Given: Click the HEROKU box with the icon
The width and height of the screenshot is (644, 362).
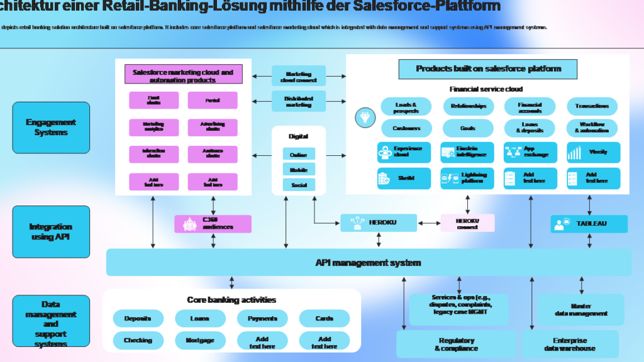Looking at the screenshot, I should tap(379, 223).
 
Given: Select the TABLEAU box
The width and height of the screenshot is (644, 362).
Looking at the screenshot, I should tap(589, 224).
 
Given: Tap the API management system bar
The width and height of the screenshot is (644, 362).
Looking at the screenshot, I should tap(369, 262).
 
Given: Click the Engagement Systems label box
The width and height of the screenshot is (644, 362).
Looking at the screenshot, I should tap(51, 128).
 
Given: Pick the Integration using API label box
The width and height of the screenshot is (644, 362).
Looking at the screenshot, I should tap(51, 232).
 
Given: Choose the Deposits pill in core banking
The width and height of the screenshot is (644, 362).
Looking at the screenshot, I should tap(138, 319).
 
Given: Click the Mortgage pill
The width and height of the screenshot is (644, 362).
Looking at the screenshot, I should tap(200, 341).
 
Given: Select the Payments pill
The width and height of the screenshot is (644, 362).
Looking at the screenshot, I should tap(262, 319).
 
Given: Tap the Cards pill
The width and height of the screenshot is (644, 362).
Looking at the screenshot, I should tap(325, 319).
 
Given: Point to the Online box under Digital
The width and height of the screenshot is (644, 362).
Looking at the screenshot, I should tap(299, 155).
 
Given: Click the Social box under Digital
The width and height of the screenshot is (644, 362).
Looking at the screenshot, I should tap(299, 185).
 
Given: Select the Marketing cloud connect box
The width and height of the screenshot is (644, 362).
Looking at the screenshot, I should tap(299, 77).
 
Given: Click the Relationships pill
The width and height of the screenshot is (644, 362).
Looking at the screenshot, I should tap(468, 106).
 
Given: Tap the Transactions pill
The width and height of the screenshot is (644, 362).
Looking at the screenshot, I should tap(592, 106).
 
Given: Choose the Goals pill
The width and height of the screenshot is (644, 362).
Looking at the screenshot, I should tap(468, 128).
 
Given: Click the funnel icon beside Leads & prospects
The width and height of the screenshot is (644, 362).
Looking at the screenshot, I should tap(364, 117).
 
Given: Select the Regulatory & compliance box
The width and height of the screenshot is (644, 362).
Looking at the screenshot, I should tap(456, 344).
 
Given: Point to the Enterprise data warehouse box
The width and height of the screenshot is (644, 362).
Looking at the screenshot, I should tap(570, 344).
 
